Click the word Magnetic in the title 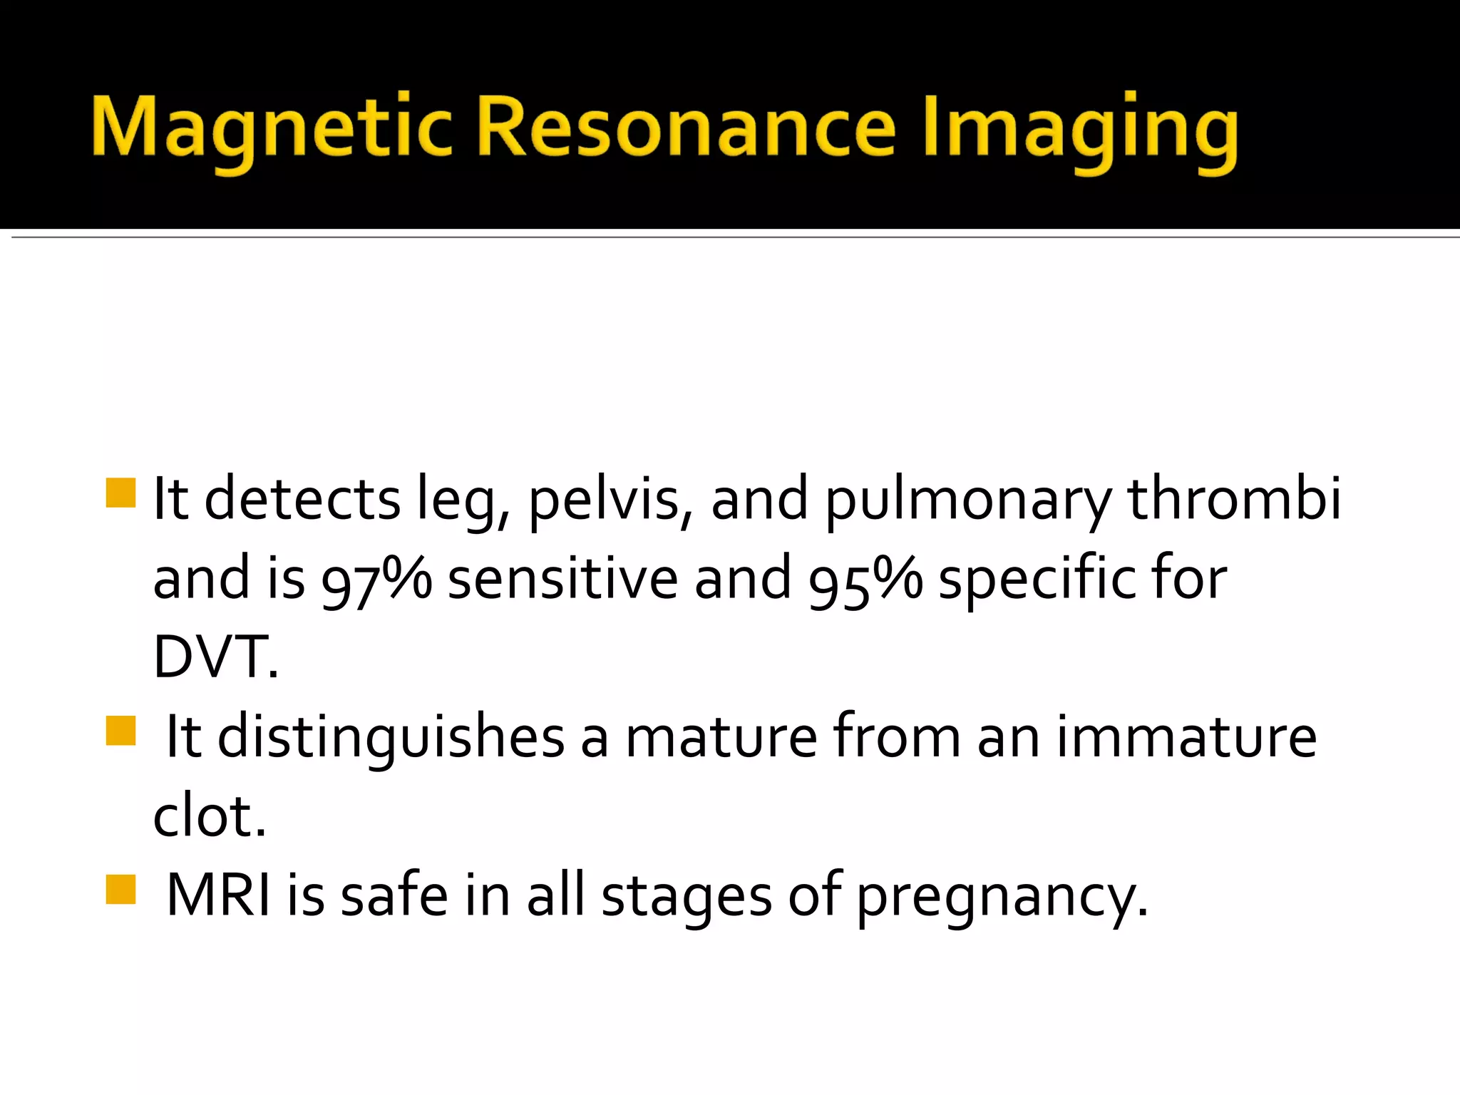271,128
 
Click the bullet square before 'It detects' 120,493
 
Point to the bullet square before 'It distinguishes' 120,731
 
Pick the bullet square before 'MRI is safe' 120,889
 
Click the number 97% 376,579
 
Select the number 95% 865,579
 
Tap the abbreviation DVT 214,657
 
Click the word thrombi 1234,498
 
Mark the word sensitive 562,579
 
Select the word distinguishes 391,739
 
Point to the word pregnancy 1001,898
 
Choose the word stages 687,898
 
